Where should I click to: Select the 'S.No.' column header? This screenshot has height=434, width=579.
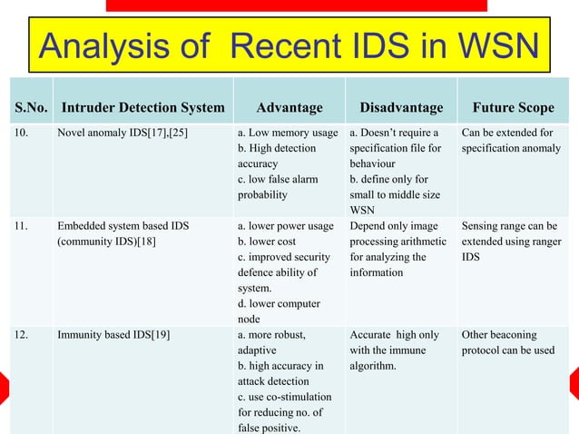pyautogui.click(x=30, y=108)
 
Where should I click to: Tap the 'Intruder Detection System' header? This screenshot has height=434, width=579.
pyautogui.click(x=142, y=108)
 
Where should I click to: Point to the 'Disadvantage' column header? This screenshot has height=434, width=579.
pyautogui.click(x=401, y=108)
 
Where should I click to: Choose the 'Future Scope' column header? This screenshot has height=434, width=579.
pyautogui.click(x=512, y=108)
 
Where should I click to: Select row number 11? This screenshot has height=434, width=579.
pyautogui.click(x=19, y=226)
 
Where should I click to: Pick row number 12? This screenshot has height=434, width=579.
pyautogui.click(x=19, y=335)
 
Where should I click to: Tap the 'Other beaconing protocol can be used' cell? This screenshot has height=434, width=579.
pyautogui.click(x=508, y=342)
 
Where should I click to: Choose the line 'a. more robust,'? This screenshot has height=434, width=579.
pyautogui.click(x=270, y=335)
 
